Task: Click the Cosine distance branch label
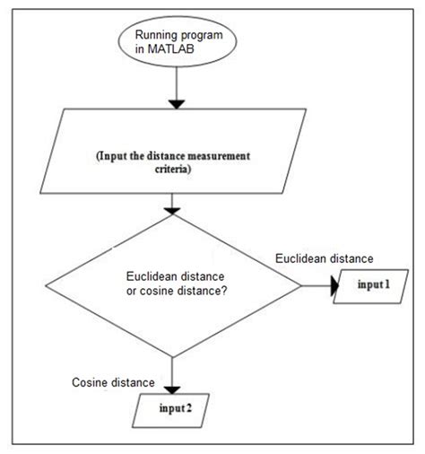113,383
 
